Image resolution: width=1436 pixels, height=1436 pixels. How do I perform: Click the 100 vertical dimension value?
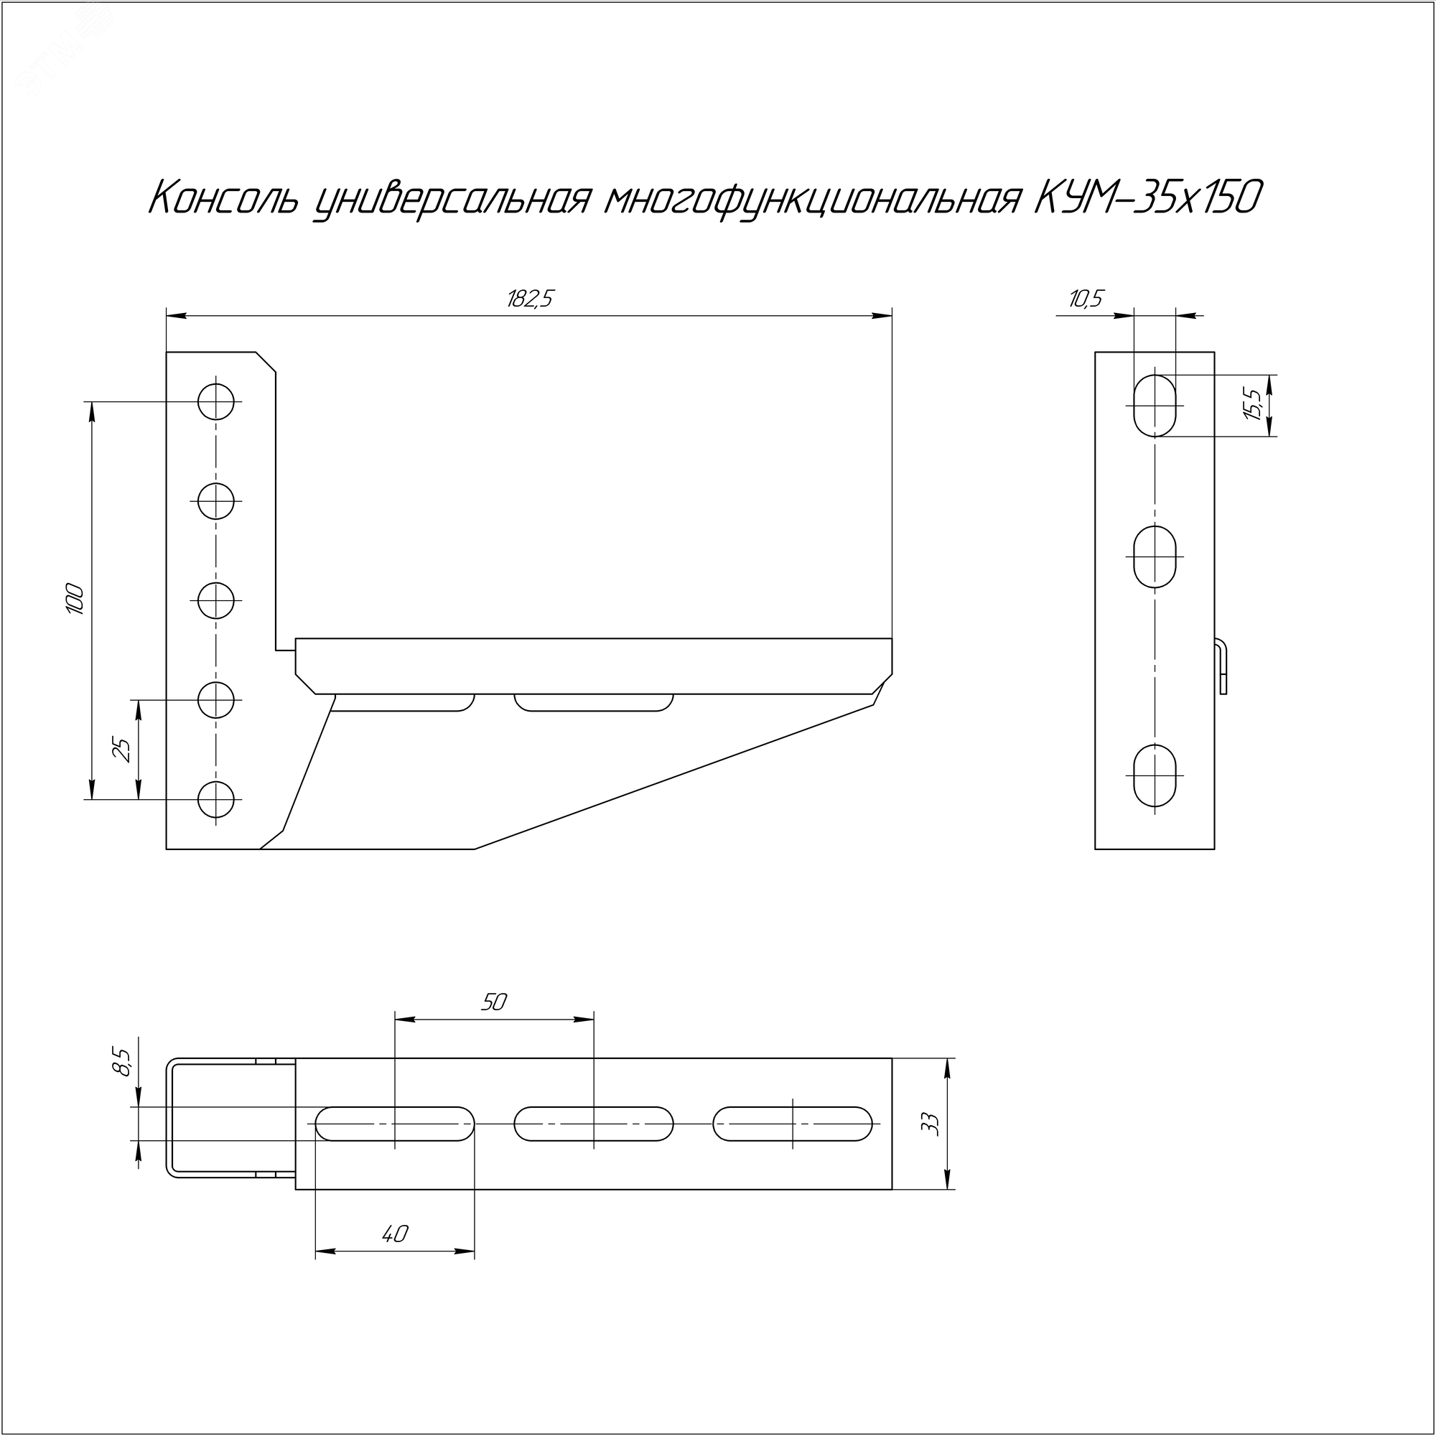tap(75, 599)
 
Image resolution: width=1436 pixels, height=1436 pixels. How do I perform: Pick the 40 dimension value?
tap(395, 1234)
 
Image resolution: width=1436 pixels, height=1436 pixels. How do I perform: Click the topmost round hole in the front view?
tap(216, 402)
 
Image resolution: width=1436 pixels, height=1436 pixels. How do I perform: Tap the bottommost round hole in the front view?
tap(216, 800)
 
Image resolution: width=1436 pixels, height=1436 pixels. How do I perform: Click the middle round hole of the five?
tap(216, 600)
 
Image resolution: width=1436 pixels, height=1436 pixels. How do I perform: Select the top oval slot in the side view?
tap(1155, 406)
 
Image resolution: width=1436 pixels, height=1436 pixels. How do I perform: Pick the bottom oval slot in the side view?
tap(1155, 776)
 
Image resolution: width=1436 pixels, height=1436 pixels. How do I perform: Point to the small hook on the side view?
tap(1222, 666)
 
